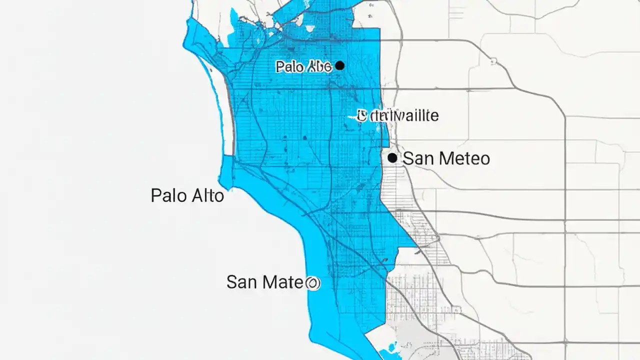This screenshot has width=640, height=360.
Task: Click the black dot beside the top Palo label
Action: (x=340, y=65)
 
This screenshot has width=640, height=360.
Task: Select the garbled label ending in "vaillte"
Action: (x=398, y=116)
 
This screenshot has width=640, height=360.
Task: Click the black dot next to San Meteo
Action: (x=392, y=158)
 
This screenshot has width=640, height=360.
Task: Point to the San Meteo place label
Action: (x=446, y=158)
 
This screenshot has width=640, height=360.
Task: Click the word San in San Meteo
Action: (x=418, y=158)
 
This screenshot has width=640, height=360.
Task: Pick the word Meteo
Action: (x=463, y=158)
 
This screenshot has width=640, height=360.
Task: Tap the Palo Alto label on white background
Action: (x=187, y=195)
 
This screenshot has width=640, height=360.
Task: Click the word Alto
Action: (x=206, y=195)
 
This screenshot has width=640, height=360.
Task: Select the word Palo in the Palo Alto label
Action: (x=168, y=195)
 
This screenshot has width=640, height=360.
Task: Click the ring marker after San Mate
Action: (x=313, y=283)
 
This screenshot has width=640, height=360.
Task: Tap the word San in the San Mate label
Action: (x=242, y=282)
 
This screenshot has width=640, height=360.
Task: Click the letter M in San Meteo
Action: (x=444, y=158)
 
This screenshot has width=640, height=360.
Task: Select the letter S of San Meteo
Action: (x=408, y=158)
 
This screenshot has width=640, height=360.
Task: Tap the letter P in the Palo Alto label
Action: (x=156, y=195)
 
